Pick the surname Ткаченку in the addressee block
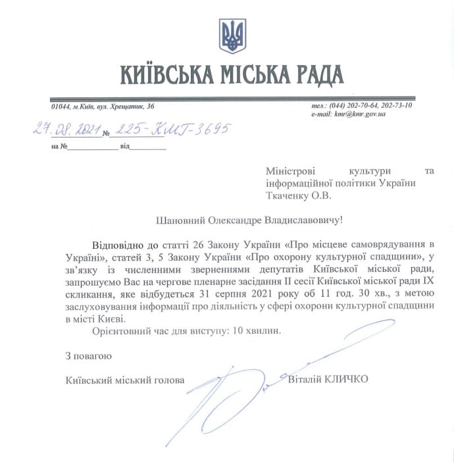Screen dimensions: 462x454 (290, 195)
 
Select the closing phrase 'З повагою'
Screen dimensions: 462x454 (88, 356)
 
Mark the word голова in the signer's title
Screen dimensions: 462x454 (170, 380)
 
